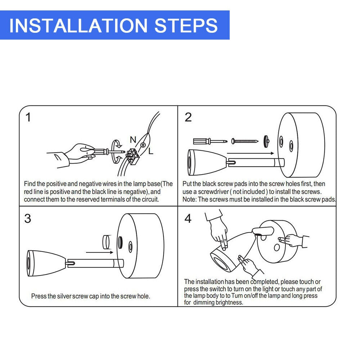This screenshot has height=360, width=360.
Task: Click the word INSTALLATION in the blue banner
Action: click(78, 25)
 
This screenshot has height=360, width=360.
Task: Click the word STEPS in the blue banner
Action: click(186, 25)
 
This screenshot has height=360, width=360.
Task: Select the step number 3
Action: click(28, 219)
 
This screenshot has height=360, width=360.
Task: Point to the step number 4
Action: click(188, 219)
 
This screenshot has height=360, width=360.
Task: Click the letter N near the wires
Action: click(133, 140)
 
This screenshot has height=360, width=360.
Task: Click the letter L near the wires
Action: click(150, 151)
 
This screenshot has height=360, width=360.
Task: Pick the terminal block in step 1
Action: click(132, 156)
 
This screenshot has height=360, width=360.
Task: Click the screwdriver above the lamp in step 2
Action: click(210, 141)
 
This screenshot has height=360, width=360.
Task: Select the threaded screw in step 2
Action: click(245, 141)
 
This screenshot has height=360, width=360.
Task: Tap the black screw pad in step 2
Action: click(266, 141)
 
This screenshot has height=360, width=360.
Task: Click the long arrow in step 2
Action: click(250, 153)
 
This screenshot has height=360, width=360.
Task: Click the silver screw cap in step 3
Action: click(106, 242)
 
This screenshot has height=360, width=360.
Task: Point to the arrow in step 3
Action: click(100, 252)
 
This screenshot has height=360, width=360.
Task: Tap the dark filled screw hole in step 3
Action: click(120, 242)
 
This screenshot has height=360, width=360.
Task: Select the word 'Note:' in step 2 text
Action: click(189, 199)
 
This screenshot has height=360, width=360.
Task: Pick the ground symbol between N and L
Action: click(143, 145)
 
